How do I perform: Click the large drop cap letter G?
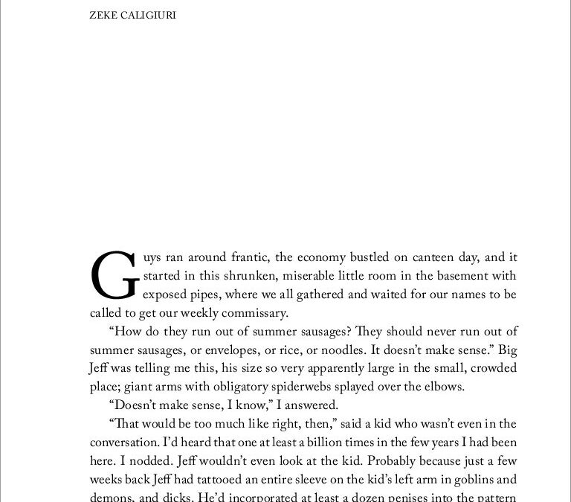click(114, 275)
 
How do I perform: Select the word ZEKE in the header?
click(104, 14)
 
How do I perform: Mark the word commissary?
click(253, 313)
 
